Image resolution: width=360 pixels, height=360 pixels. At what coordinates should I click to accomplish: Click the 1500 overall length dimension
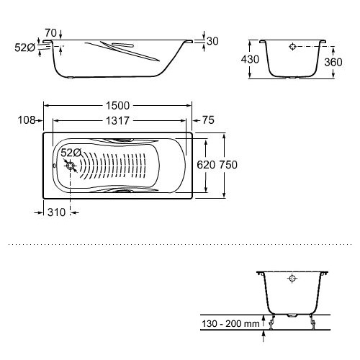117,106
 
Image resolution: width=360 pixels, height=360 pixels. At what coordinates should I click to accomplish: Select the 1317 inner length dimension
117,121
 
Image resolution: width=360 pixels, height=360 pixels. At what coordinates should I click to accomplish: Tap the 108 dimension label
27,120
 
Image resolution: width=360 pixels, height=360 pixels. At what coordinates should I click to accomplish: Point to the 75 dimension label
208,120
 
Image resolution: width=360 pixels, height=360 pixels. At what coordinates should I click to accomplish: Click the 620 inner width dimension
206,165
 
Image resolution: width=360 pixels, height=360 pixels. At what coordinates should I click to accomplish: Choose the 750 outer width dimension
228,165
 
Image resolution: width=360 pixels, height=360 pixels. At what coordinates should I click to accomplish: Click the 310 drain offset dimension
56,212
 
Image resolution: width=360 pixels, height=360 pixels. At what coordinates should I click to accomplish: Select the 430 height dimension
250,59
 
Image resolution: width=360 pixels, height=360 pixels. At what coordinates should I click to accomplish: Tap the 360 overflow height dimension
333,63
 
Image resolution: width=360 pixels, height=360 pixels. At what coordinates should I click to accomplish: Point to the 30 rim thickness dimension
212,41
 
